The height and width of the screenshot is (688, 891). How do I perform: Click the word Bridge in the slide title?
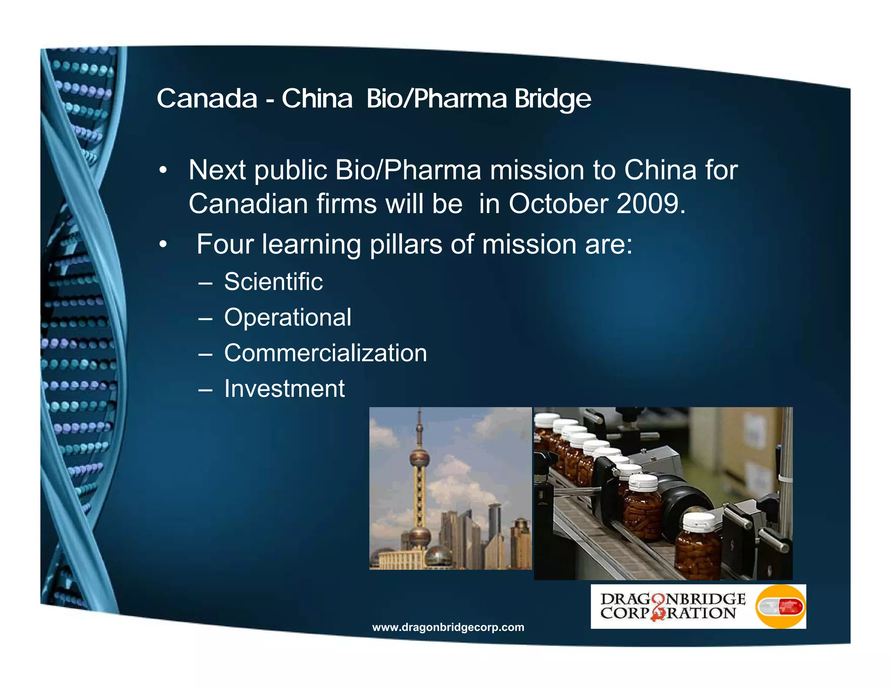pos(553,99)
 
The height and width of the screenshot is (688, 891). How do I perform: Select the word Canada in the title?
pos(207,99)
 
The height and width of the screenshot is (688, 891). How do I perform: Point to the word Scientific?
pos(273,282)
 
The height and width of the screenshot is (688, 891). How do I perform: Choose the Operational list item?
pos(288,317)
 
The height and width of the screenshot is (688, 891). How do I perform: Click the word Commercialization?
pos(325,353)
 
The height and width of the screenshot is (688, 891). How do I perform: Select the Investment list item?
pos(284,388)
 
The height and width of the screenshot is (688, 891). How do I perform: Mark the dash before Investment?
pos(205,389)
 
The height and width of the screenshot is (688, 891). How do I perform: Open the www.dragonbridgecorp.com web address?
pos(448,627)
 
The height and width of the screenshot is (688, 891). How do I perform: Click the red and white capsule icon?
pos(780,607)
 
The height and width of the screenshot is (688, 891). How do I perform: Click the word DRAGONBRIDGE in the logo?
pos(673,599)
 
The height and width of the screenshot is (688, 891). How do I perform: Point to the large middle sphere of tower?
pos(419,458)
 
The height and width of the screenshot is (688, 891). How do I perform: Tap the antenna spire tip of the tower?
pos(420,411)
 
